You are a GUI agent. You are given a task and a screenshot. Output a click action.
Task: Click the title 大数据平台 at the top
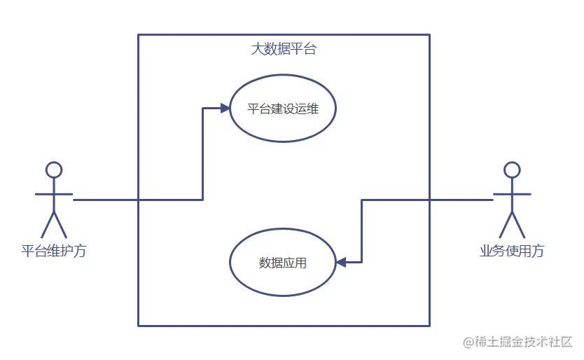click(x=284, y=50)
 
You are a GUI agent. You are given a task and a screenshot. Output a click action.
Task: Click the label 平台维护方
click(x=54, y=250)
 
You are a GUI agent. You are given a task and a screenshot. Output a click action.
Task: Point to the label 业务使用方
click(x=512, y=250)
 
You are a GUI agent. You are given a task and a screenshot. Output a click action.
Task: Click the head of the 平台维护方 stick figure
click(x=54, y=169)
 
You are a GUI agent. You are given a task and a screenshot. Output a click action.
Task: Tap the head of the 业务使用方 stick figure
click(x=512, y=169)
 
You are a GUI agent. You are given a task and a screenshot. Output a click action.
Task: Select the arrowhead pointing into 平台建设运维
click(x=225, y=108)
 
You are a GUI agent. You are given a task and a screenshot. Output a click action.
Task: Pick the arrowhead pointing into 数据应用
click(x=341, y=263)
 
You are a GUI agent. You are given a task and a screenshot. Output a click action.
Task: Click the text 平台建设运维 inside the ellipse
click(x=283, y=109)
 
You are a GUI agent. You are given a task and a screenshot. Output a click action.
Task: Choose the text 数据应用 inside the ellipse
click(x=283, y=263)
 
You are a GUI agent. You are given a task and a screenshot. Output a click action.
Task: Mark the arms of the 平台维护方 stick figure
click(x=54, y=193)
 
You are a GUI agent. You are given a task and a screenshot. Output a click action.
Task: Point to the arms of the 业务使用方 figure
click(x=512, y=193)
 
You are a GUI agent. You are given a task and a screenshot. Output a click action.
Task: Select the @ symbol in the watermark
click(x=467, y=342)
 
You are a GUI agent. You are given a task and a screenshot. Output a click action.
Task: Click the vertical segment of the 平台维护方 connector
click(x=203, y=154)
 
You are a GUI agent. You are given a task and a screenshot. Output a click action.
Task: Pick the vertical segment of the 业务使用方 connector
click(x=362, y=231)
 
